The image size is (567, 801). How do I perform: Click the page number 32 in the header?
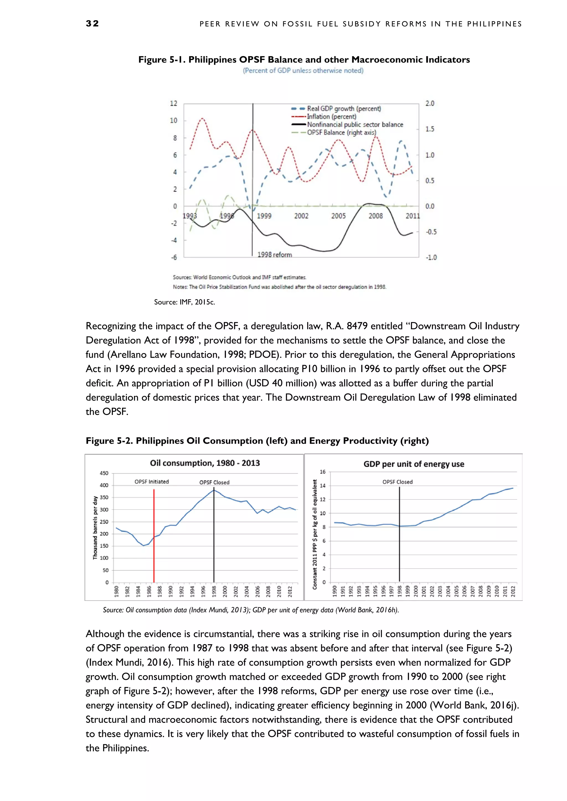[92, 24]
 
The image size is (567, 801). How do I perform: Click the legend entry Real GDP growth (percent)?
[344, 108]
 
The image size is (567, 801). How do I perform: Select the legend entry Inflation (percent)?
[331, 116]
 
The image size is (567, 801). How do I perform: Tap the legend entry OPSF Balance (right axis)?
[341, 132]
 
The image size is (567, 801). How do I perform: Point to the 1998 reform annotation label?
[274, 255]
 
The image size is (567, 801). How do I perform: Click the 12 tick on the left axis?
[174, 103]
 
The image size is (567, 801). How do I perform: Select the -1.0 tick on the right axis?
[431, 258]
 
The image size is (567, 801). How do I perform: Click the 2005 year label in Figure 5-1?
[338, 216]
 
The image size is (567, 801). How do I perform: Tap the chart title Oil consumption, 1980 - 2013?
[205, 463]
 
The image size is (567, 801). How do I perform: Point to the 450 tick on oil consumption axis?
[104, 473]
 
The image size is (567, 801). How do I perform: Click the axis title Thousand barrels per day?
[95, 527]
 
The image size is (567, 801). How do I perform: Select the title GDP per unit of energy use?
[414, 464]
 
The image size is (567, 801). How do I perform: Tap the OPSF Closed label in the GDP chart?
[397, 482]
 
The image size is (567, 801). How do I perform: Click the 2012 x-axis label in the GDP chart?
[513, 591]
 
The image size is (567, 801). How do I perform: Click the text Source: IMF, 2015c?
[184, 302]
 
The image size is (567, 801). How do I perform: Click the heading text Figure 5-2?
[109, 441]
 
